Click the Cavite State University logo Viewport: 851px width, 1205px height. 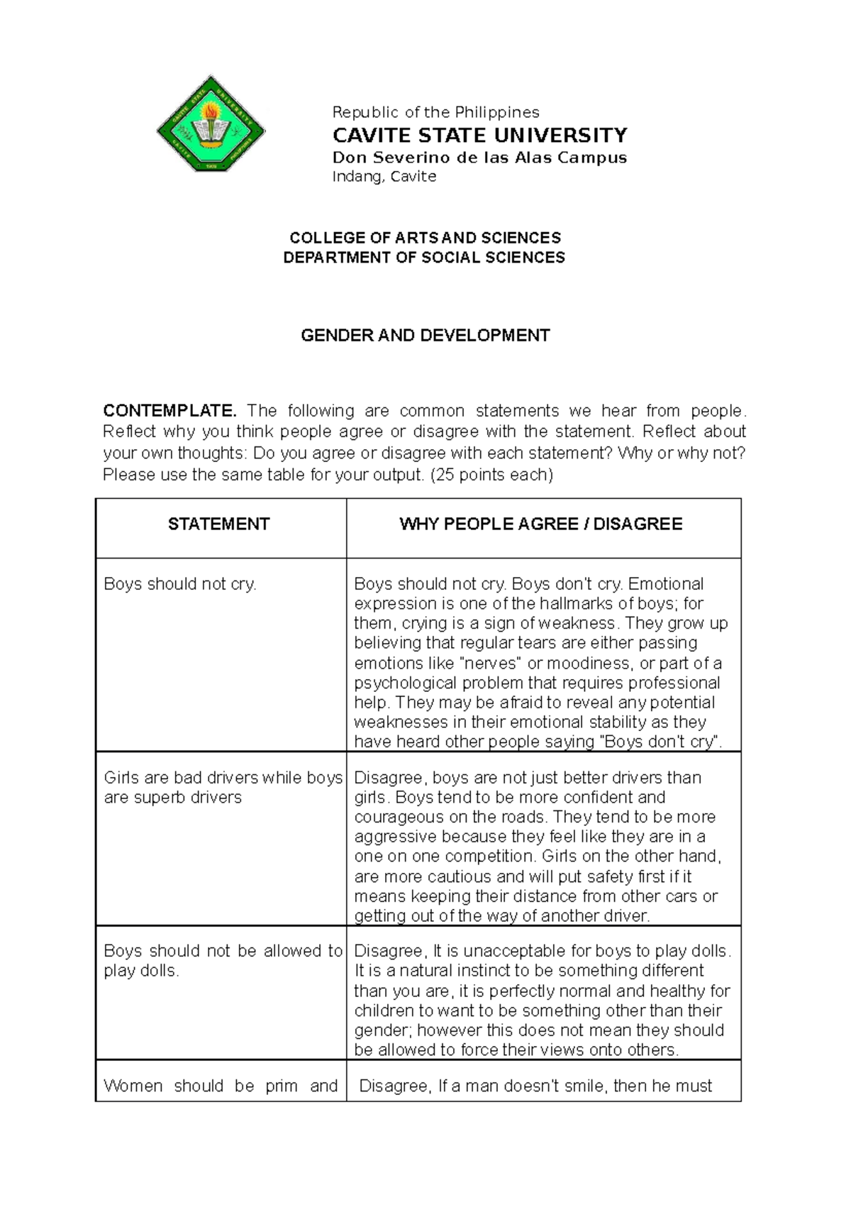coord(211,123)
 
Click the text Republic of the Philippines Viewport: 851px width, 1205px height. coord(435,112)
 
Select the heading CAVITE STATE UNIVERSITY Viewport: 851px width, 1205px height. coord(479,135)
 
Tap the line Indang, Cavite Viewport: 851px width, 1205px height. coord(384,177)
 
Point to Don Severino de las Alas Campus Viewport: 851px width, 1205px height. coord(479,157)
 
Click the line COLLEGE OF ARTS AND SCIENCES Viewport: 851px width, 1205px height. coord(425,238)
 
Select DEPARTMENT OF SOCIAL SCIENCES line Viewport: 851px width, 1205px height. coord(424,258)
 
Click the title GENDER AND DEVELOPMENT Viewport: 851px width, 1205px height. coord(425,335)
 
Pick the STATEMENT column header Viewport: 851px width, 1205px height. coord(218,524)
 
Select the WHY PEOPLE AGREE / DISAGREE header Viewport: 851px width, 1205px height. coord(540,524)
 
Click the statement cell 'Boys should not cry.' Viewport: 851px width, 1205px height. coord(180,584)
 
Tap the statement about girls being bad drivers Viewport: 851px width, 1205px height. coord(223,788)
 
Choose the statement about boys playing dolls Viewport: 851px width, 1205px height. coord(223,960)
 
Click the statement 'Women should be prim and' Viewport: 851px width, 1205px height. coord(220,1086)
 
